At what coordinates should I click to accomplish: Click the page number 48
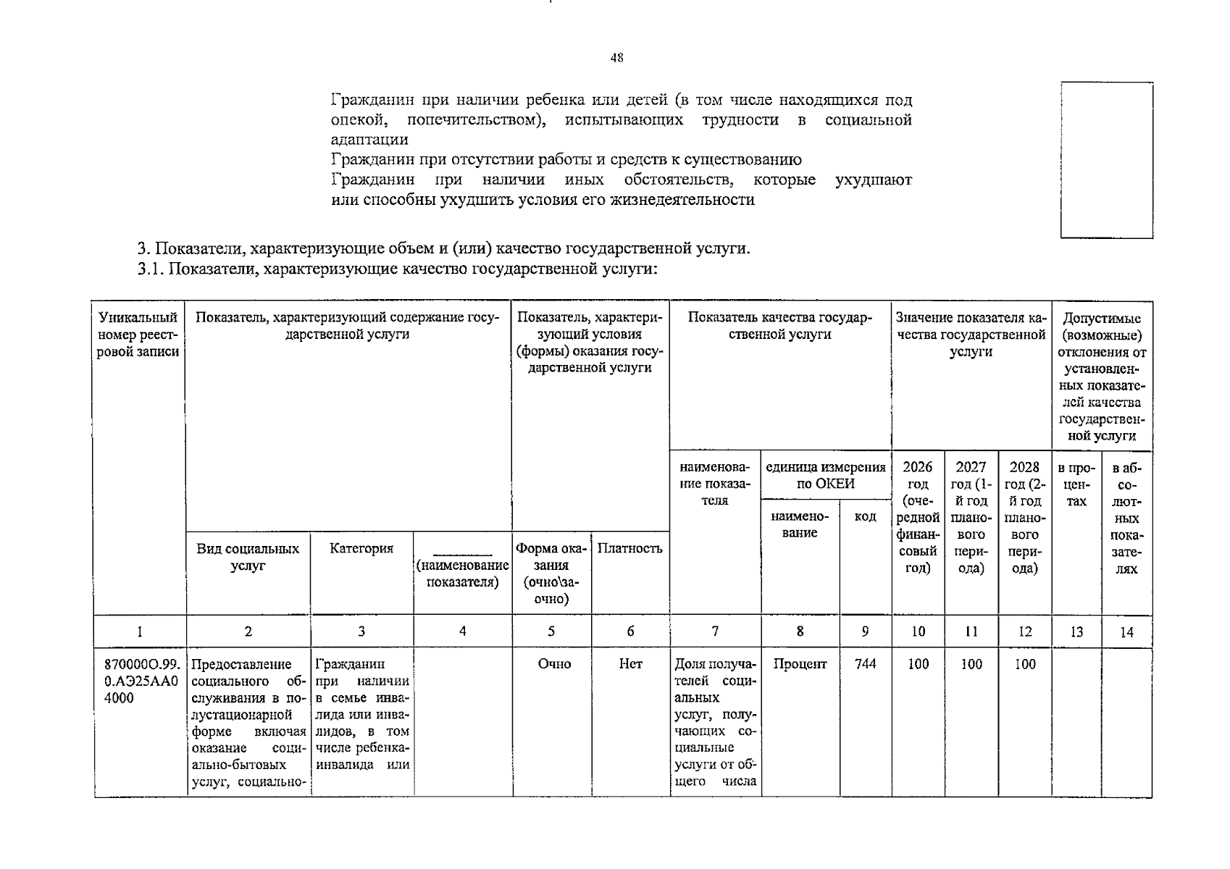tap(616, 58)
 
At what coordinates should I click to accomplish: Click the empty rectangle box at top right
tap(1106, 160)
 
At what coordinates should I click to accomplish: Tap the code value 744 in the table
tap(865, 664)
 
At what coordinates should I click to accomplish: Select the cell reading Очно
tap(554, 664)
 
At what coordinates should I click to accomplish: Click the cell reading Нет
tap(630, 664)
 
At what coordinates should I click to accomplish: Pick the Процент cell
tap(800, 664)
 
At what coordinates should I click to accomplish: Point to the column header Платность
tap(629, 548)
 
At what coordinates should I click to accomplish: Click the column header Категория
tap(361, 548)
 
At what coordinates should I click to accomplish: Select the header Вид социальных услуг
tap(248, 557)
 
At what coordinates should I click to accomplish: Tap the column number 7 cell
tap(715, 631)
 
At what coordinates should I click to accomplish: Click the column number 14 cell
tap(1126, 632)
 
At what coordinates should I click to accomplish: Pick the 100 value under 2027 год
tap(971, 664)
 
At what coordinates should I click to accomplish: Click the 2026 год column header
tap(918, 516)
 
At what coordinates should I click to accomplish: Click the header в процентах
tap(1076, 484)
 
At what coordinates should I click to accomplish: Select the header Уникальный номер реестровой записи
tap(138, 335)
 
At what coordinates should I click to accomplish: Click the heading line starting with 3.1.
tap(398, 269)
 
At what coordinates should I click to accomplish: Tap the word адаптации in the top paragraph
tap(369, 140)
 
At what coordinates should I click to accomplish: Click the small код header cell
tap(865, 516)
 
